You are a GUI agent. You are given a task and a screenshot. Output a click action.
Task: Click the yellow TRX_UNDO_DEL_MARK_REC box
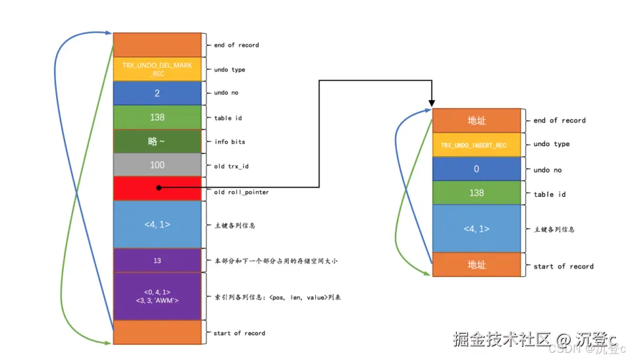pos(157,69)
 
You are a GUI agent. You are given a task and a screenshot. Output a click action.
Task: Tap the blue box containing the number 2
pos(157,93)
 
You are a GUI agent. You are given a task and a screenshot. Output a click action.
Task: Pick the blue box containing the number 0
pos(477,169)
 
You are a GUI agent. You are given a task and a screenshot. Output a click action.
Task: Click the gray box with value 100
pos(157,165)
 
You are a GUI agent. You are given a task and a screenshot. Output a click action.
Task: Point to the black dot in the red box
pos(159,188)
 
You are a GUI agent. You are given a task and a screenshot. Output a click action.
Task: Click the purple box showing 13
pos(157,261)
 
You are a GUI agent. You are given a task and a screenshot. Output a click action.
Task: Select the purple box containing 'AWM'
pos(157,296)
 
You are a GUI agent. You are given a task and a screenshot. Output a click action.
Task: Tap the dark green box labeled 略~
pos(157,141)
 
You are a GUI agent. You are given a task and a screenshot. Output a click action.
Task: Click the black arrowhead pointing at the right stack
pos(432,103)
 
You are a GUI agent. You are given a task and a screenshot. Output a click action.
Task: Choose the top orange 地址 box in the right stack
pos(477,120)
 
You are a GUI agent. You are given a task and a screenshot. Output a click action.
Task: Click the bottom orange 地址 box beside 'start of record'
pos(477,265)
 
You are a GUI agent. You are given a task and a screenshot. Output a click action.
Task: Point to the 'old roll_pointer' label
pos(242,192)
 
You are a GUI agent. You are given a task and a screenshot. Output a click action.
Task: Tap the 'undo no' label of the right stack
pos(548,170)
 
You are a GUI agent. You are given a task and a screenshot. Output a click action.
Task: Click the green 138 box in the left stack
pos(157,117)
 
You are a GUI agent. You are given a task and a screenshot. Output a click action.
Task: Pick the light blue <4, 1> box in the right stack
pos(477,228)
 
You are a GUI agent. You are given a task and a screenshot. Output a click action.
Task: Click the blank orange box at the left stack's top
pos(157,45)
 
